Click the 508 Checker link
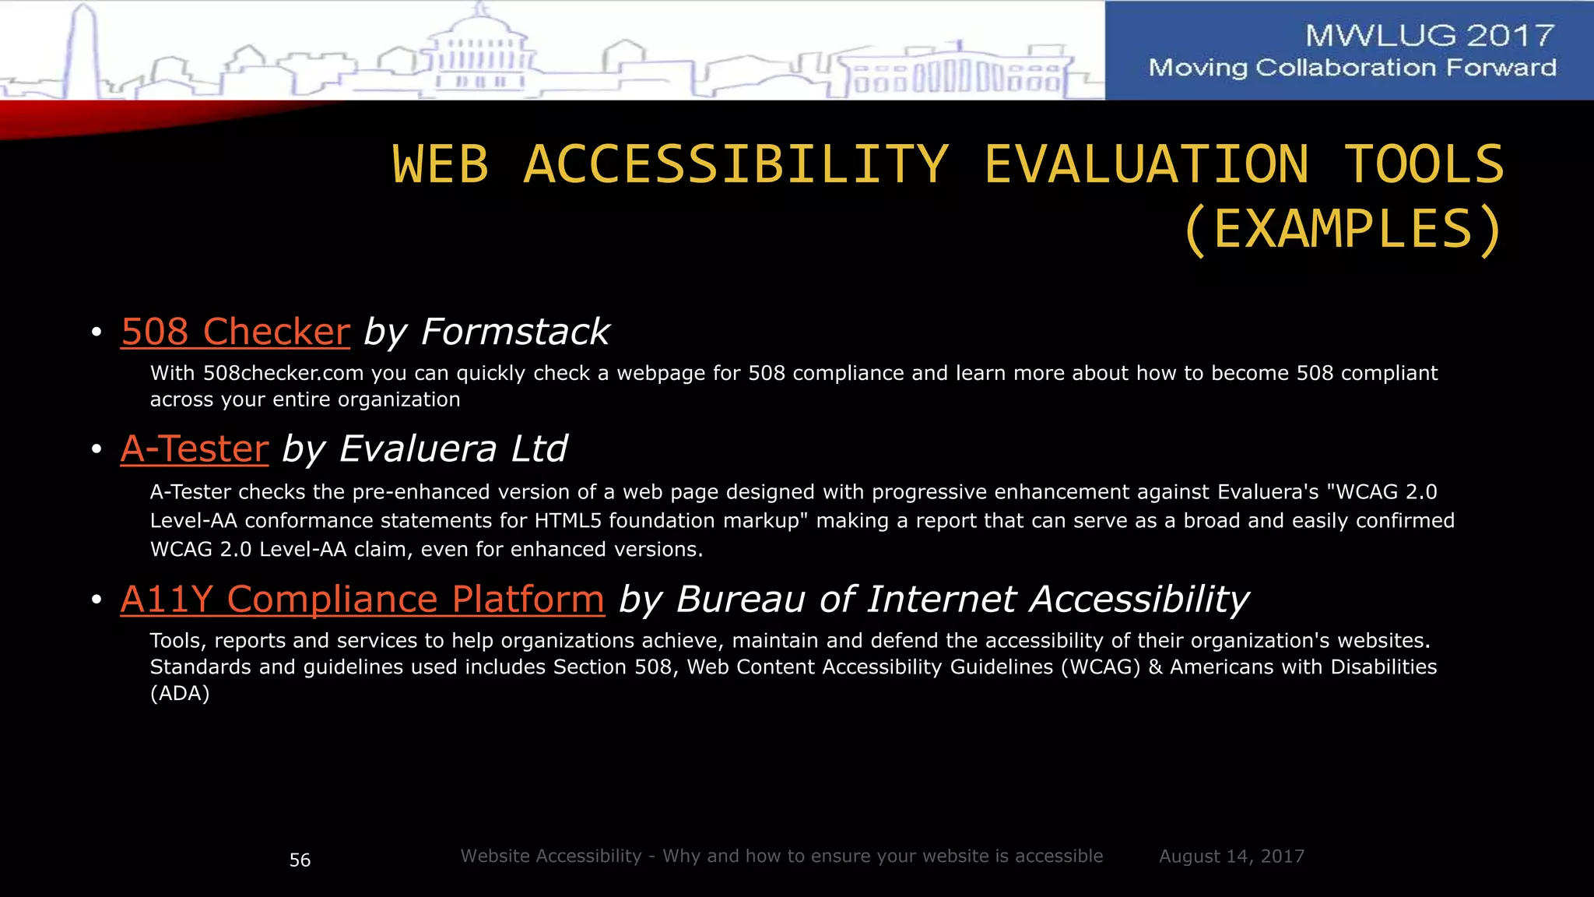coord(235,332)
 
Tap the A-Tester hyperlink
coord(195,449)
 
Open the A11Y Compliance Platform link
coord(362,600)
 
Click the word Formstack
coord(515,332)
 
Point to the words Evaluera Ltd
coord(453,449)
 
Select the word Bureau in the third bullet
coord(740,600)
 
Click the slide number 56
coord(300,860)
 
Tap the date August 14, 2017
coord(1231,857)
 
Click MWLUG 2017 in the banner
coord(1429,36)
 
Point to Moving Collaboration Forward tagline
coord(1352,68)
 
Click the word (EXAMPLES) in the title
coord(1343,230)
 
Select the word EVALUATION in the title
coord(1146,165)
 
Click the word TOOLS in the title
coord(1424,165)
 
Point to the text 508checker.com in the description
coord(283,374)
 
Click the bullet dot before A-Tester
coord(97,450)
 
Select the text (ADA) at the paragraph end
coord(180,694)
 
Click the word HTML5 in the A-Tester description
coord(567,521)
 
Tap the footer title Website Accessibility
coord(551,857)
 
